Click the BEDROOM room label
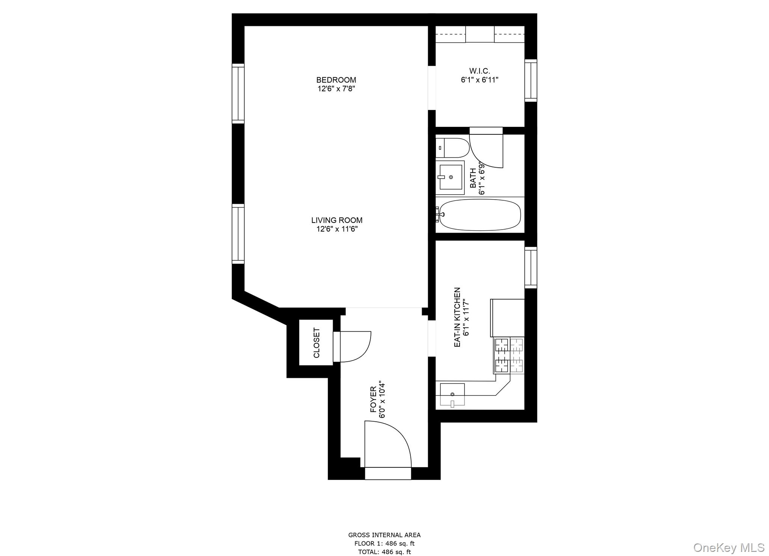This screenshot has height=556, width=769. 336,80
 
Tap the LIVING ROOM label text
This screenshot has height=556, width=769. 337,220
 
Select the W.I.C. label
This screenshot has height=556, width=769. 479,71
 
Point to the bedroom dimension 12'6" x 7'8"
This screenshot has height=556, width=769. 336,89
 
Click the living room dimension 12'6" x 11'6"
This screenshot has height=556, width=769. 337,229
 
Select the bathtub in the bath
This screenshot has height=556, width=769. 479,215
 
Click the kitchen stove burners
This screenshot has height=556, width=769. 509,355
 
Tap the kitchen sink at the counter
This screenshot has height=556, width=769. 452,394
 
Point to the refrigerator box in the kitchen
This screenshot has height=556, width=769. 507,317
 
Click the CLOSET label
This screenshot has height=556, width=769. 317,343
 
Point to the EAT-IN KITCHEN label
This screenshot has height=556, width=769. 457,317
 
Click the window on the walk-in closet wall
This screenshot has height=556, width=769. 531,80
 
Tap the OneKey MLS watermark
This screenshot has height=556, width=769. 728,547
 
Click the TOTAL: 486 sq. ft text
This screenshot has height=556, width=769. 384,552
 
